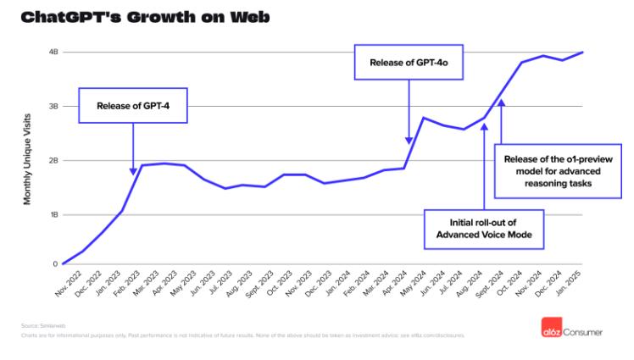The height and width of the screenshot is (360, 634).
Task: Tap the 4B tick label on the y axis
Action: click(53, 53)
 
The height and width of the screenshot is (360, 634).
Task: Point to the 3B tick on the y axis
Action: click(53, 107)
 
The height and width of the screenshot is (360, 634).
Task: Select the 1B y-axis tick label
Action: click(53, 215)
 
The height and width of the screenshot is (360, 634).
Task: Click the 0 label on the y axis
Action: click(55, 263)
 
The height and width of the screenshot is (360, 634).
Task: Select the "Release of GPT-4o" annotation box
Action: click(409, 62)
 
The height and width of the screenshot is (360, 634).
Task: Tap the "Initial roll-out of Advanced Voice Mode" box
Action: click(483, 228)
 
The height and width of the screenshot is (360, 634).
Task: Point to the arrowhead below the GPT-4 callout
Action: click(133, 171)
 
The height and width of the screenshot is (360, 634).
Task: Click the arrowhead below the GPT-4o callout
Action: click(409, 141)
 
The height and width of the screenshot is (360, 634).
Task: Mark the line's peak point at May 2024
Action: click(424, 118)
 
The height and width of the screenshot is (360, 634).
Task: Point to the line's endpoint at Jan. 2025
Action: click(583, 53)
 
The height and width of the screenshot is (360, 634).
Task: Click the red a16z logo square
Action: click(551, 331)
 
